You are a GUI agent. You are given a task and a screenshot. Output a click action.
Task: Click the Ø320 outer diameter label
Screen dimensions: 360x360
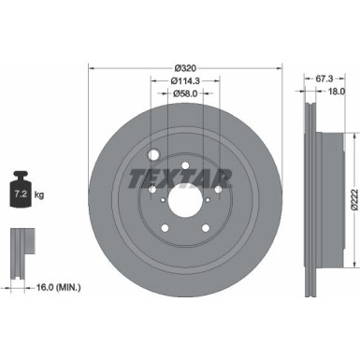[x=185, y=69]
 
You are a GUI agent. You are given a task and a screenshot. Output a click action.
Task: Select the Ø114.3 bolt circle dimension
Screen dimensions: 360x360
[x=185, y=81]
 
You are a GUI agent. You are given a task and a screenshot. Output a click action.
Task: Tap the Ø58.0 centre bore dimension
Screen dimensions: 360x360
[x=185, y=94]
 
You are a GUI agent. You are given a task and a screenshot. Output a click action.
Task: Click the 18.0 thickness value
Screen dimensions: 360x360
[x=338, y=92]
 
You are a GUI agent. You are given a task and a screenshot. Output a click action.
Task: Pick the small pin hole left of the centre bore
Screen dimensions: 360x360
[x=152, y=187]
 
